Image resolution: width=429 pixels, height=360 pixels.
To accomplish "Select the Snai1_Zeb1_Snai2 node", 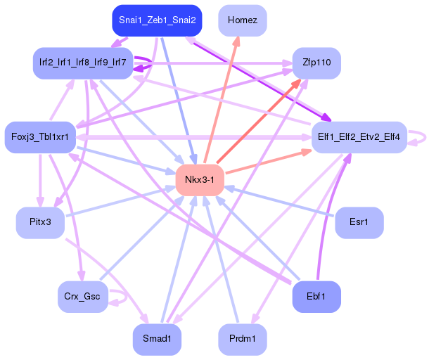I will (x=157, y=20).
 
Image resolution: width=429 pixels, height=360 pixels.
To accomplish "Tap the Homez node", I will (x=242, y=20).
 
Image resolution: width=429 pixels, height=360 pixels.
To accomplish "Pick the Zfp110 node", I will (x=316, y=63).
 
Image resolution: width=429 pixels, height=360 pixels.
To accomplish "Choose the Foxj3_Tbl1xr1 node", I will (x=39, y=136).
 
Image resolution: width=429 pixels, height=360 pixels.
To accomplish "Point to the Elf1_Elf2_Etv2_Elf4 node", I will (x=359, y=136).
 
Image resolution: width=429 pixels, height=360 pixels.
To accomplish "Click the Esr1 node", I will (x=359, y=222).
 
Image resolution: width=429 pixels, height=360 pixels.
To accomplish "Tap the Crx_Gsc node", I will (x=82, y=296).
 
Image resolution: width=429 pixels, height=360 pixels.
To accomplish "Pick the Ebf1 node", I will (x=316, y=296).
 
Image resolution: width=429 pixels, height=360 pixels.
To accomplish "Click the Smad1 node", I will (x=157, y=339).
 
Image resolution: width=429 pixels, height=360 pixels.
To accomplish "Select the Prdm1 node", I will (x=242, y=339).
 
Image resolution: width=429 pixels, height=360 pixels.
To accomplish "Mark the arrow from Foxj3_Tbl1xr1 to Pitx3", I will (x=39, y=179).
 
